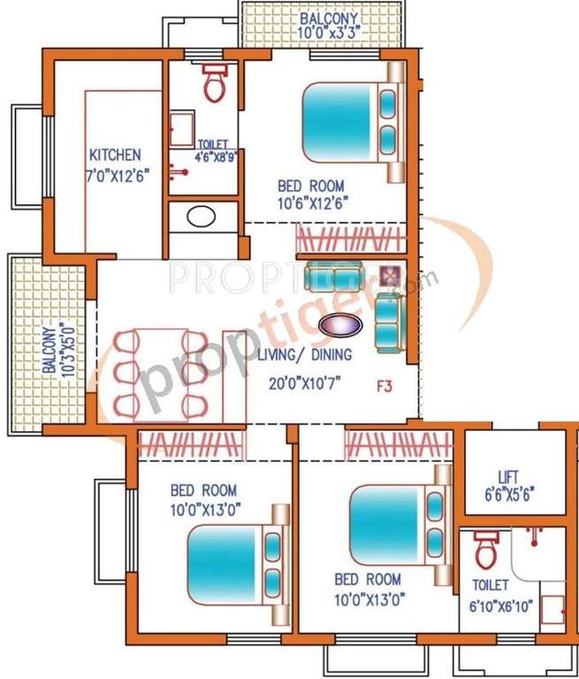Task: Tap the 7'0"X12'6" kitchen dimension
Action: (114, 173)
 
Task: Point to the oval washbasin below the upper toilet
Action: (202, 215)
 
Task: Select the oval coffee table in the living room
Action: (339, 325)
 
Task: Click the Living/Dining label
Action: (305, 355)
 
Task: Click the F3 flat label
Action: (385, 385)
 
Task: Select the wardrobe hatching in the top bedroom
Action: (349, 238)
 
